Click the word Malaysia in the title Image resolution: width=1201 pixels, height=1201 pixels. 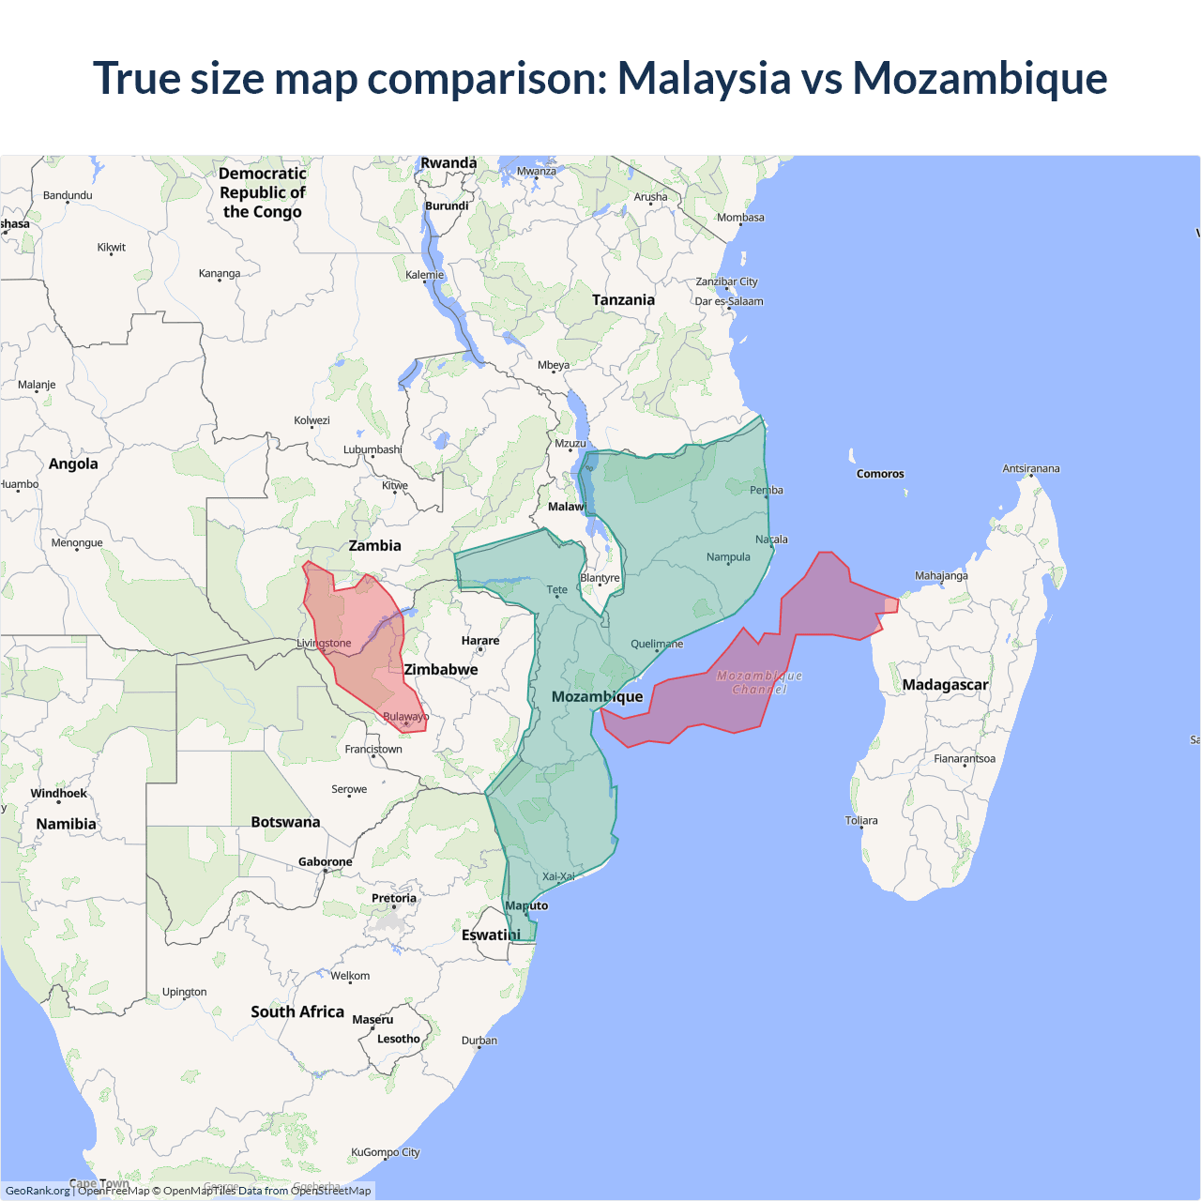click(x=704, y=78)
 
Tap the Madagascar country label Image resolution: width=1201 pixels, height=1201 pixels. click(x=945, y=685)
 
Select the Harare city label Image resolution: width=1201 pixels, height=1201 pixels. click(x=480, y=641)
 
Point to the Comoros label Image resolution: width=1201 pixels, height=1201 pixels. click(x=880, y=474)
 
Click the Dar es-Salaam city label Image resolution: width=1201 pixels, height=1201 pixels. click(x=729, y=301)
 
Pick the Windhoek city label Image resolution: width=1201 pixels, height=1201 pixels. click(x=58, y=794)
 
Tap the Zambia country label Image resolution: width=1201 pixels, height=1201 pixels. click(x=374, y=546)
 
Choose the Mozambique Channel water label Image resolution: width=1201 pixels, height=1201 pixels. click(x=759, y=682)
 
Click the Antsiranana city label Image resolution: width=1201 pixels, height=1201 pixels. click(x=1031, y=468)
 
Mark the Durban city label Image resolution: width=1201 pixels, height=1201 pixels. click(x=479, y=1041)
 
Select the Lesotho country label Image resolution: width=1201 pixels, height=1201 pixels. click(x=399, y=1039)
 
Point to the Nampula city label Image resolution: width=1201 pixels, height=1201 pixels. click(x=728, y=557)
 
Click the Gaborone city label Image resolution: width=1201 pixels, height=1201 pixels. click(x=326, y=862)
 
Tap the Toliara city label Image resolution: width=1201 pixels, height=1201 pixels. click(x=861, y=821)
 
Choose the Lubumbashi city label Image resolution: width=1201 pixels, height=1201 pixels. click(x=372, y=450)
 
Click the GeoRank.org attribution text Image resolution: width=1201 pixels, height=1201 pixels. click(x=38, y=1191)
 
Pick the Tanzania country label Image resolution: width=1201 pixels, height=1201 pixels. click(x=623, y=300)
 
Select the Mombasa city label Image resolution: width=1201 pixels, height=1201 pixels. click(x=740, y=218)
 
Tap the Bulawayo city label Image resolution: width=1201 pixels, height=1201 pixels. click(x=405, y=717)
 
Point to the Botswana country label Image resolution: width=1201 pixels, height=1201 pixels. click(x=285, y=822)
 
